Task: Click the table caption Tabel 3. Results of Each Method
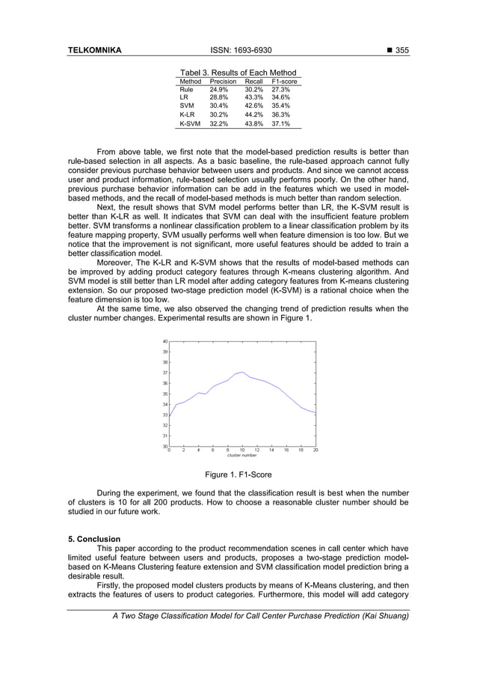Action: coord(238,73)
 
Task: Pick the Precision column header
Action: coord(223,81)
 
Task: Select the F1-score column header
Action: coord(284,81)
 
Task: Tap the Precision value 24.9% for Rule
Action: coord(219,89)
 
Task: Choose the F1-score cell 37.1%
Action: coord(281,124)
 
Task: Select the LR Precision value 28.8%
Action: coord(219,97)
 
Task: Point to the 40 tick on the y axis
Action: coord(164,341)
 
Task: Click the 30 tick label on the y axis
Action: coord(164,446)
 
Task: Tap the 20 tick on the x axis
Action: coord(316,450)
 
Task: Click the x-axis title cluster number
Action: coord(241,456)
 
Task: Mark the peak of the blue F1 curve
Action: coord(242,372)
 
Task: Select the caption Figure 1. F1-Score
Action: coord(238,474)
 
